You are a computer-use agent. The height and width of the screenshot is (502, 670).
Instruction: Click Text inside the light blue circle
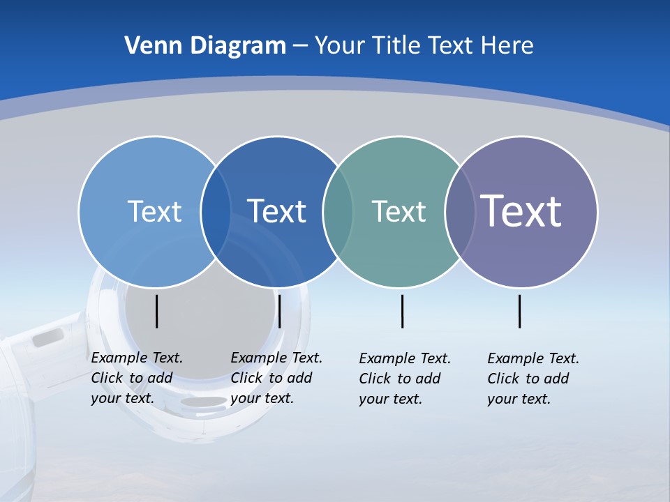[154, 211]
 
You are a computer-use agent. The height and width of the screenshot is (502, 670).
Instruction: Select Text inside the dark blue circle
[277, 211]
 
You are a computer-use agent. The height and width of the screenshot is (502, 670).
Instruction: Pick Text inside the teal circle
[399, 211]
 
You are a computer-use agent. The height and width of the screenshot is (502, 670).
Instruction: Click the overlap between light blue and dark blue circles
[216, 211]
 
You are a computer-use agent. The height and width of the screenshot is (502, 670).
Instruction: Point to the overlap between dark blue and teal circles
[338, 211]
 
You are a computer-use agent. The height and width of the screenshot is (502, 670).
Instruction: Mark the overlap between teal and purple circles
[460, 211]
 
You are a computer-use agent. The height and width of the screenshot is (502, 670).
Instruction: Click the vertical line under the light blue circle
[156, 311]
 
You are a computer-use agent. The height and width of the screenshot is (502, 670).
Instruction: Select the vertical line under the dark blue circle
[279, 311]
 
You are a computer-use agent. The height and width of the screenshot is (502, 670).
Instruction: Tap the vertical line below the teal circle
[402, 311]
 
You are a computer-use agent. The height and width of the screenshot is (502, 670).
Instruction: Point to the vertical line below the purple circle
[519, 311]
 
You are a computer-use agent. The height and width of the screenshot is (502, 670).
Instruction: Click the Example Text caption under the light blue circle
[137, 378]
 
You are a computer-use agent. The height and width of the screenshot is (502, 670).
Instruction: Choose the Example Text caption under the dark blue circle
[276, 378]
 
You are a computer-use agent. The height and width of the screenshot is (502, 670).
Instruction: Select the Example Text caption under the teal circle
[405, 379]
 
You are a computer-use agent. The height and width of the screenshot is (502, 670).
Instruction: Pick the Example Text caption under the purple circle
[533, 379]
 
